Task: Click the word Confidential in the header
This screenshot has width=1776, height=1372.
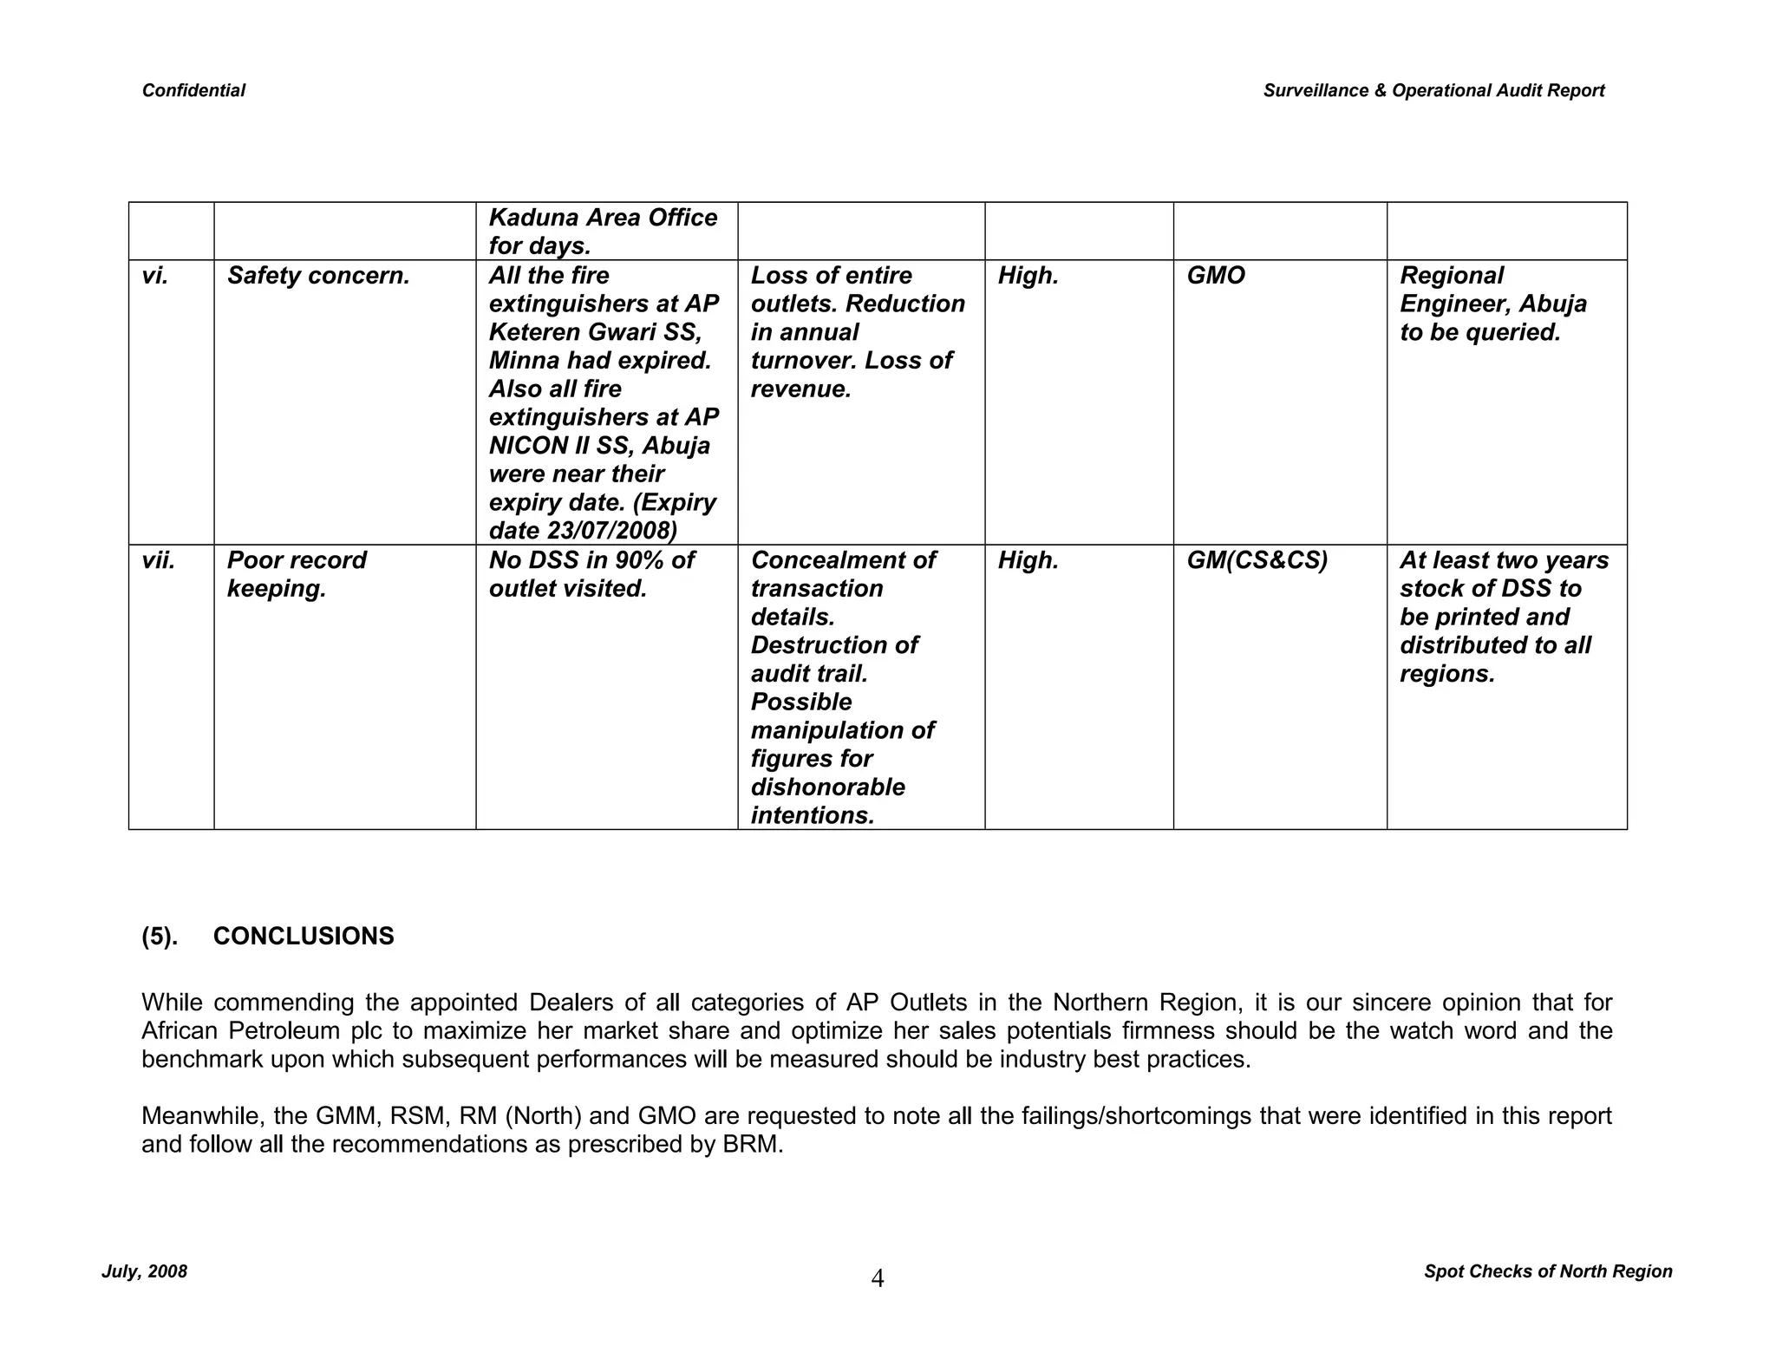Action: click(x=193, y=90)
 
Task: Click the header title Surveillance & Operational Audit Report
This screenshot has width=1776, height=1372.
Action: click(x=1433, y=90)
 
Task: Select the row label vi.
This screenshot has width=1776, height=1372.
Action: click(x=155, y=276)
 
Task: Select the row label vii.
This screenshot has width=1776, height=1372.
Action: click(x=159, y=560)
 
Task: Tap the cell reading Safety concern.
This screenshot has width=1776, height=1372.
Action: click(x=318, y=276)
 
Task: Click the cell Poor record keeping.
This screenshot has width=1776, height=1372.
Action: click(x=297, y=574)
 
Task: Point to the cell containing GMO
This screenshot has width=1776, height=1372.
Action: click(x=1215, y=276)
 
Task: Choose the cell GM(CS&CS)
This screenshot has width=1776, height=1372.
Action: click(x=1257, y=560)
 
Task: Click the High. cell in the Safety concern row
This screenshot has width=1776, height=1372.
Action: click(x=1028, y=276)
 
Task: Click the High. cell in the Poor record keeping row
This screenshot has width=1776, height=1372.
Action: click(x=1028, y=560)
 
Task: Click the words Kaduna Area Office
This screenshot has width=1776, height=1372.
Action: click(x=603, y=218)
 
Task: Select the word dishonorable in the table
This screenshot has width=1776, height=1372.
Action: click(x=827, y=787)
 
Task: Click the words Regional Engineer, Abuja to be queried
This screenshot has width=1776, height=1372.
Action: click(x=1493, y=304)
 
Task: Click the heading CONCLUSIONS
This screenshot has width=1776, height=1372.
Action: click(x=304, y=937)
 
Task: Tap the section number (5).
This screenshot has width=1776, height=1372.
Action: click(x=160, y=937)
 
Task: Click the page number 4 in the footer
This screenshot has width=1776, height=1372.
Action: click(x=877, y=1278)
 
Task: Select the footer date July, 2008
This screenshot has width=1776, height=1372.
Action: click(x=144, y=1271)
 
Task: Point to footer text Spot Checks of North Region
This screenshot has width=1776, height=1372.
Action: click(x=1547, y=1271)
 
